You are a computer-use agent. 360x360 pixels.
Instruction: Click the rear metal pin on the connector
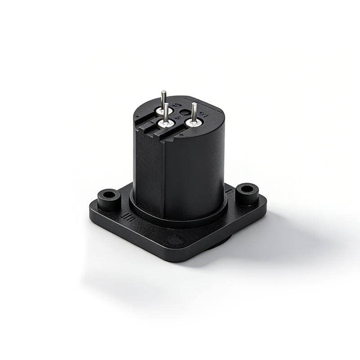[x=163, y=100]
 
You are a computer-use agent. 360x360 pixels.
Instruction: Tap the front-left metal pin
[x=166, y=112]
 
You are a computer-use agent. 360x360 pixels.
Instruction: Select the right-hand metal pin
[x=194, y=112]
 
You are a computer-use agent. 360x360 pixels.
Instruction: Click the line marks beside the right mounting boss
[x=230, y=193]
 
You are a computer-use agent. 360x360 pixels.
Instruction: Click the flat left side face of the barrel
[x=148, y=171]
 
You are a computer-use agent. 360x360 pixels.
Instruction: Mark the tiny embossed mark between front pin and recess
[x=176, y=118]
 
